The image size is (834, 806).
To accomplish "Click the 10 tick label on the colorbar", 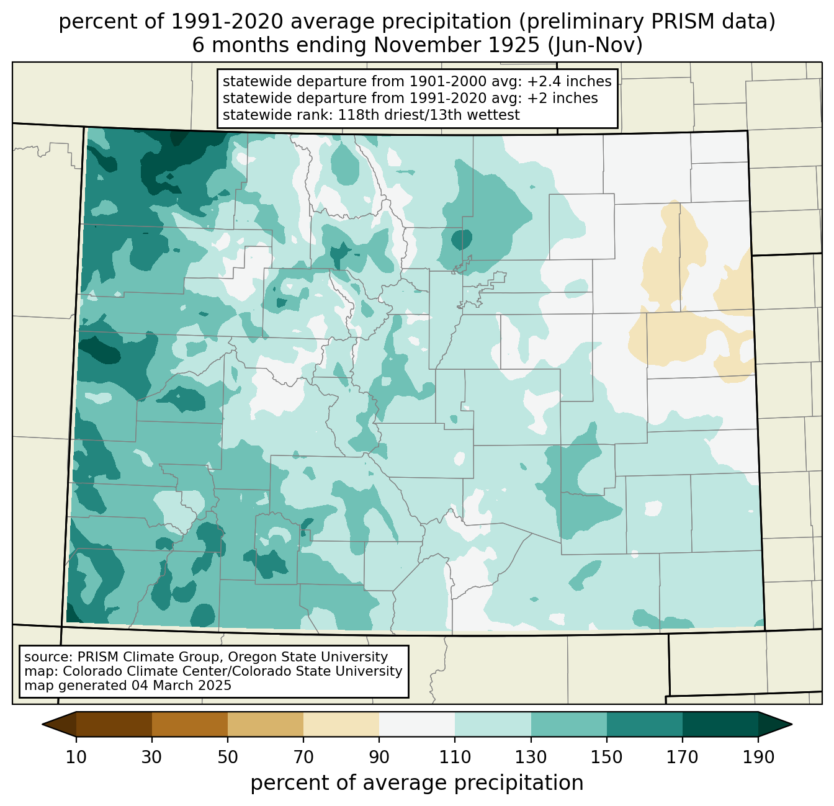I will (76, 757).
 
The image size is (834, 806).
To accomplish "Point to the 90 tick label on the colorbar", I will (379, 757).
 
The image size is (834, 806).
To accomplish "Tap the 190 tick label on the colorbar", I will (758, 757).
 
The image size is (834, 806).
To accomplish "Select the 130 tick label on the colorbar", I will (531, 757).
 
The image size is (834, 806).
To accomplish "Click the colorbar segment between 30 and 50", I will (190, 724).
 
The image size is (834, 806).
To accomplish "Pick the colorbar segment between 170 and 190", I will (720, 724).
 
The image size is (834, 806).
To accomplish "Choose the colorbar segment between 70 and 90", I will (341, 724).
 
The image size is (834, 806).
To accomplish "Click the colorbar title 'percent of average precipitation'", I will (417, 783).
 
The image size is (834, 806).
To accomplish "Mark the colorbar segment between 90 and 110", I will (417, 724).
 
